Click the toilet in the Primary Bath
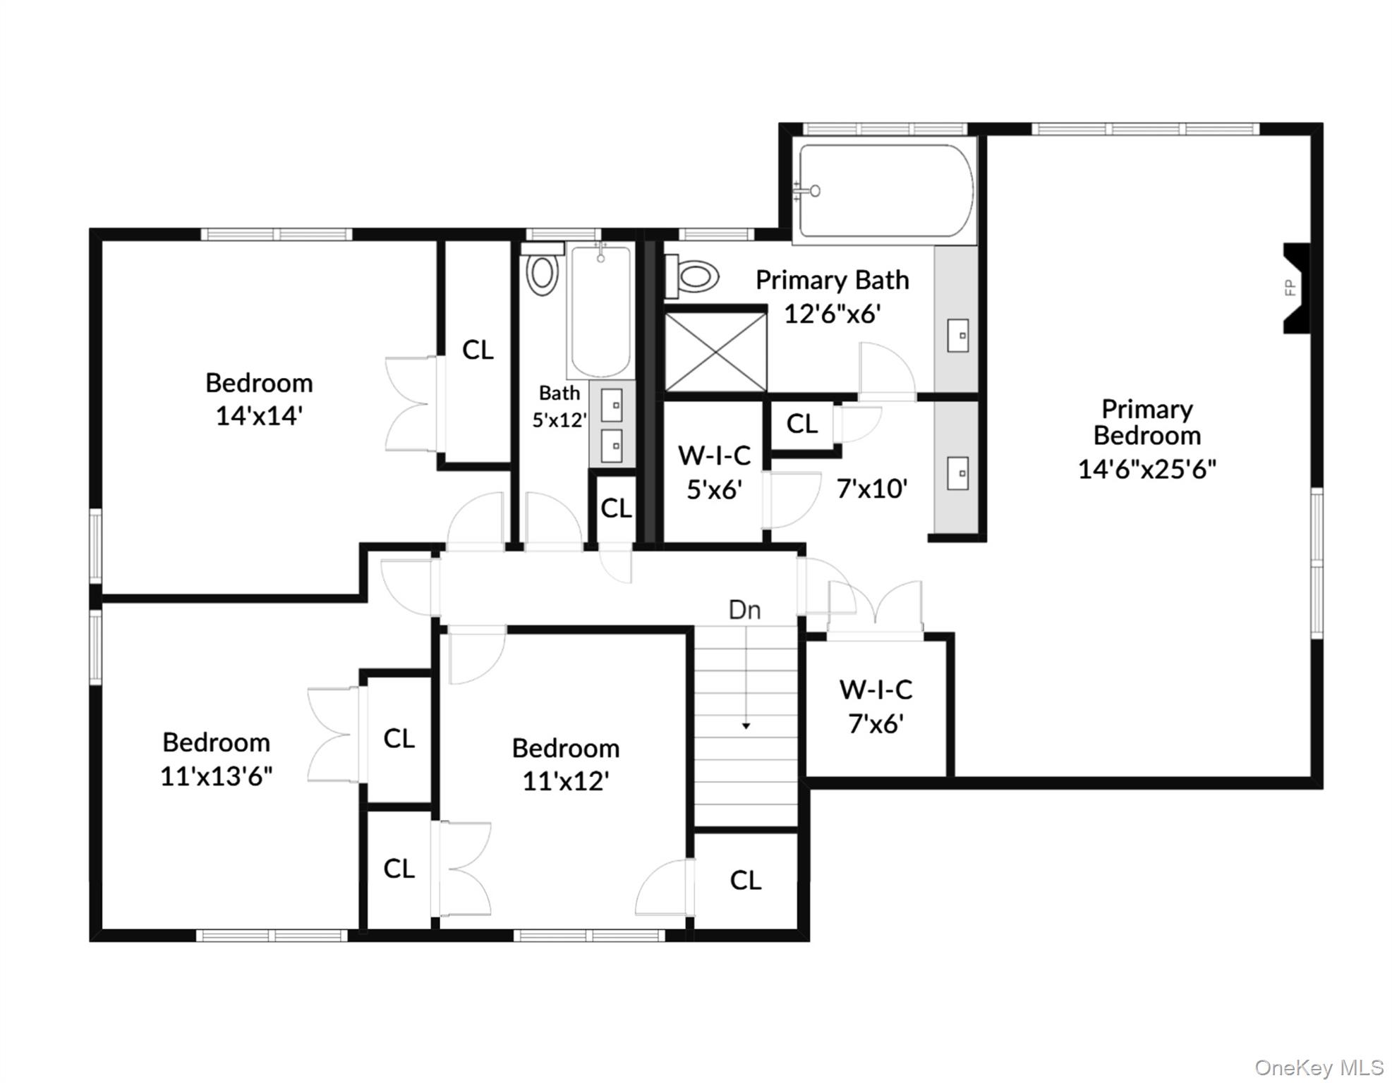[x=692, y=276]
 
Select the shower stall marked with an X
[x=715, y=352]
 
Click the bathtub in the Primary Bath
[x=885, y=190]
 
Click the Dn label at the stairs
[x=744, y=610]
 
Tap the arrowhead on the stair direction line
[x=746, y=726]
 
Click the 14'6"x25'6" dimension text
[x=1146, y=469]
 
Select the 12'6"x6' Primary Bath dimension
[x=833, y=314]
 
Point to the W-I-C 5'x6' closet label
[x=714, y=472]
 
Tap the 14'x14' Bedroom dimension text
[x=259, y=416]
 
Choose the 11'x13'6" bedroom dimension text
[x=217, y=776]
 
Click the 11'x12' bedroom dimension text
[x=566, y=781]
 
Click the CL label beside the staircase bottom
[x=746, y=880]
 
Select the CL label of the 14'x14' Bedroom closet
[x=478, y=350]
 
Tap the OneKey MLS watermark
[x=1319, y=1067]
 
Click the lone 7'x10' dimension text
[x=872, y=488]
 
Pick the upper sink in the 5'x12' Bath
[x=612, y=405]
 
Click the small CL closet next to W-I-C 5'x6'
[x=802, y=424]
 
